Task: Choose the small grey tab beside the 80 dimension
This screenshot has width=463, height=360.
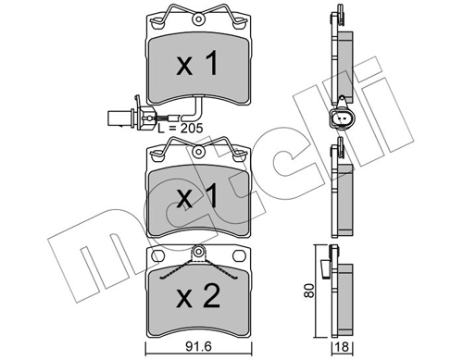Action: click(324, 271)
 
